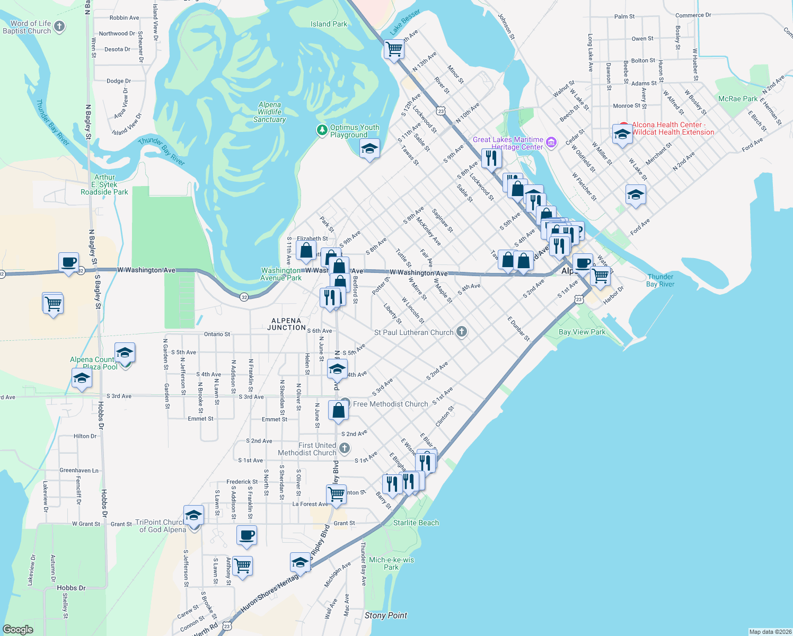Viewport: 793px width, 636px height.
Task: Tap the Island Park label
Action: pyautogui.click(x=329, y=24)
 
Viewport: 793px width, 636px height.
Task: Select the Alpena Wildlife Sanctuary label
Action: pyautogui.click(x=269, y=112)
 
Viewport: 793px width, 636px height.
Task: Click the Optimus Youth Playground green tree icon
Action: pyautogui.click(x=322, y=130)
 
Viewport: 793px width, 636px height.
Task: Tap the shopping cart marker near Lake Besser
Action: pyautogui.click(x=394, y=50)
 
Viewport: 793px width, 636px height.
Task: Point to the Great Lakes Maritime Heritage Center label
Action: pyautogui.click(x=508, y=143)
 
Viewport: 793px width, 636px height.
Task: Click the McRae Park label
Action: pyautogui.click(x=737, y=99)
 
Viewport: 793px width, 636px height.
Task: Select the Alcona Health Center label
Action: pyautogui.click(x=673, y=128)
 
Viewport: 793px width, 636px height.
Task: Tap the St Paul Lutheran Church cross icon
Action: pyautogui.click(x=462, y=332)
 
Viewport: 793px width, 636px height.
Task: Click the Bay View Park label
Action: pyautogui.click(x=581, y=332)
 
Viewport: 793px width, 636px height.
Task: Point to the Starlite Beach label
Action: pyautogui.click(x=416, y=523)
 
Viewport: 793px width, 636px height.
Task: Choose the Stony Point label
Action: pyautogui.click(x=385, y=615)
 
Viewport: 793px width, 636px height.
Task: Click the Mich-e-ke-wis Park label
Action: pyautogui.click(x=391, y=563)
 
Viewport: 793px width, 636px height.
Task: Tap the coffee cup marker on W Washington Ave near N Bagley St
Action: pyautogui.click(x=69, y=262)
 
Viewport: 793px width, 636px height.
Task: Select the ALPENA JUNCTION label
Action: pyautogui.click(x=286, y=324)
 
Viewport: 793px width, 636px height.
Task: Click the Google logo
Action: pyautogui.click(x=18, y=629)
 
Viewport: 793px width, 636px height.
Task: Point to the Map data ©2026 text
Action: pyautogui.click(x=770, y=632)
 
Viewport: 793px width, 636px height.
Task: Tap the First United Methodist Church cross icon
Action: pyautogui.click(x=345, y=449)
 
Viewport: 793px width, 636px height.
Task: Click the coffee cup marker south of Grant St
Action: pyautogui.click(x=246, y=535)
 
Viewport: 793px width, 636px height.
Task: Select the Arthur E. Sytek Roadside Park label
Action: pyautogui.click(x=104, y=184)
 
